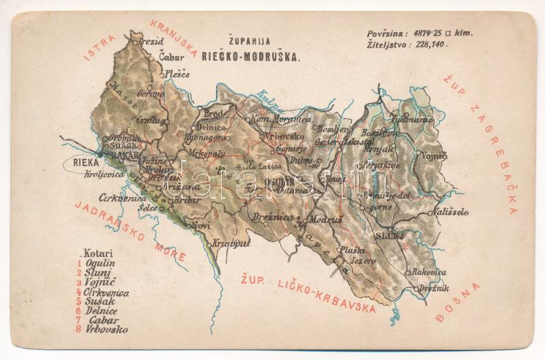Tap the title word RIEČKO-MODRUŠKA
coord(250,58)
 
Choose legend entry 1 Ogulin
coord(98,263)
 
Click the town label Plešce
coord(176,74)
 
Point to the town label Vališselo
coord(451,212)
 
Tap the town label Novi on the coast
coord(201,225)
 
